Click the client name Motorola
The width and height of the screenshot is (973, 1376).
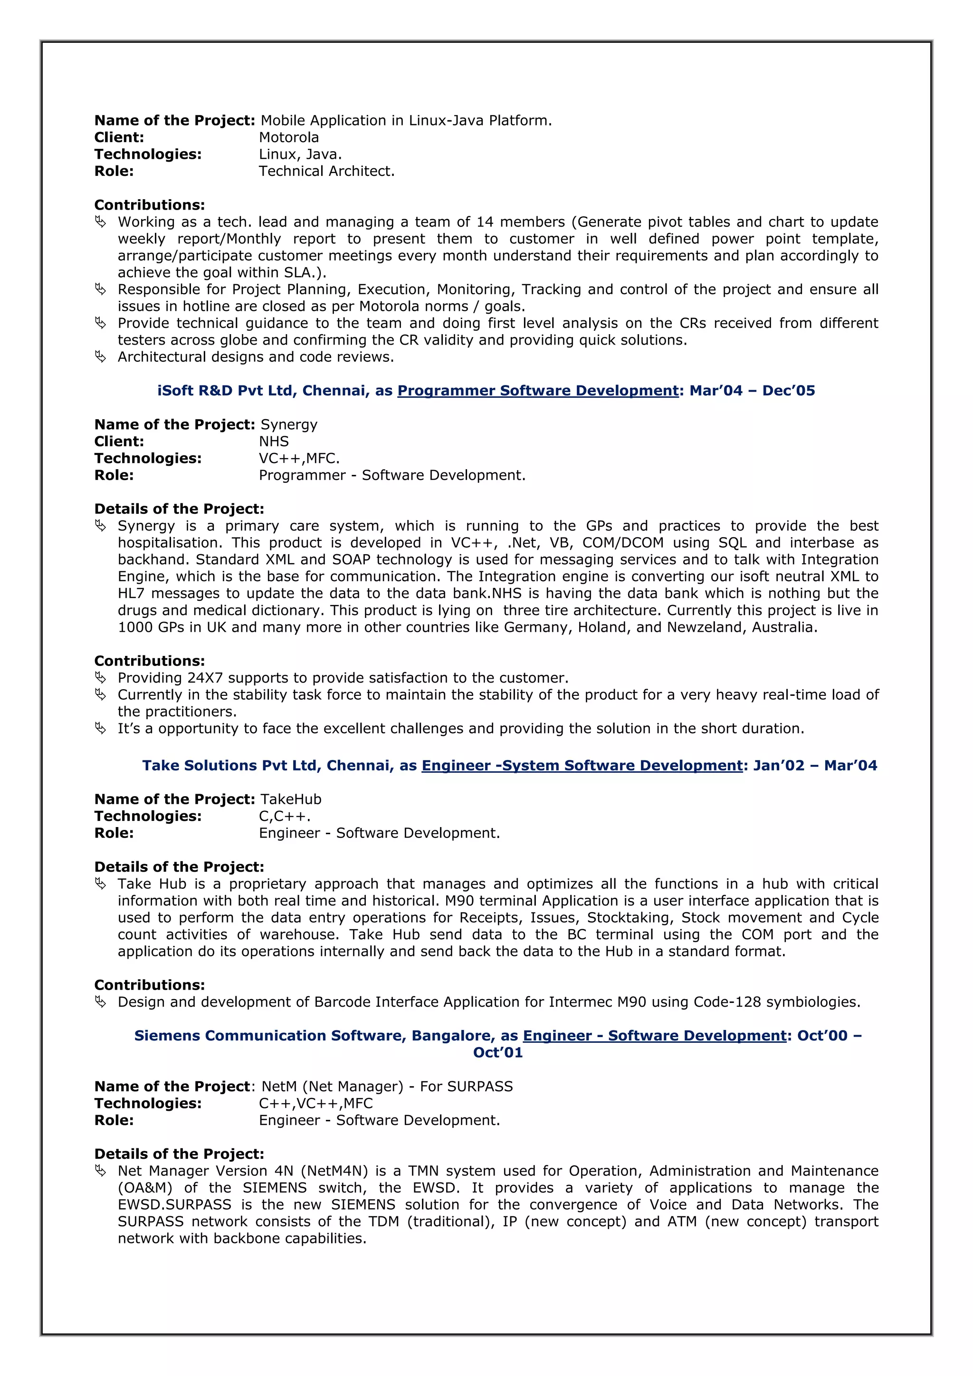[x=289, y=137]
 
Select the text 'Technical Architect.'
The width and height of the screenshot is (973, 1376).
[x=326, y=172]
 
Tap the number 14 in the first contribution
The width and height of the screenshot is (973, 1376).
[x=485, y=222]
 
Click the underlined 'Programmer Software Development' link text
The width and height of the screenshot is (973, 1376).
[x=537, y=391]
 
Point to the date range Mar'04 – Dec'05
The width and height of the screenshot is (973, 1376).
[x=752, y=391]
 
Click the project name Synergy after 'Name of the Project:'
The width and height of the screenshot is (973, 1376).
[x=289, y=425]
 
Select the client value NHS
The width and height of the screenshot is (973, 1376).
[x=274, y=442]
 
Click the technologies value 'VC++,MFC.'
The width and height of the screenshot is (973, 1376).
[x=299, y=459]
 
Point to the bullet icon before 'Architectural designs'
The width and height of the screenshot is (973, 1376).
[x=101, y=356]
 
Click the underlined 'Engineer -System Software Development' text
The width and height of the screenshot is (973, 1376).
[x=582, y=766]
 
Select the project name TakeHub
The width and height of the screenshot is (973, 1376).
[x=291, y=799]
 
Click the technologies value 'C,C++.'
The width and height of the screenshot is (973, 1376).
[x=285, y=816]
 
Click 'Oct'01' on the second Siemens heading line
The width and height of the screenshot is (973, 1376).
[x=498, y=1053]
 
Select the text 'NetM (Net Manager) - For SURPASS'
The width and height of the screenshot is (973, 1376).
[x=387, y=1087]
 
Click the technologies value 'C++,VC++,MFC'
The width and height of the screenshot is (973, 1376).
[x=316, y=1103]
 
